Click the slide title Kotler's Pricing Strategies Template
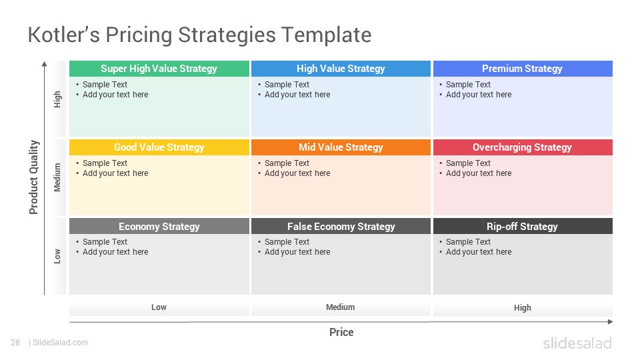199,35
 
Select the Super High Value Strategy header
159,69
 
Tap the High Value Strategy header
341,69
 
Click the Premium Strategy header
523,69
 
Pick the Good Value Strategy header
159,147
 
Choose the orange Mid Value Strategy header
341,147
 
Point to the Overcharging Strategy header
523,147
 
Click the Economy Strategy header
159,226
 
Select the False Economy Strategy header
341,226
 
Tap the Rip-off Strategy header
523,226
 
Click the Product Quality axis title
33,177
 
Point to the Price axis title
341,332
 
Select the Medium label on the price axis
341,307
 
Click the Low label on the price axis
159,307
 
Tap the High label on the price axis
523,308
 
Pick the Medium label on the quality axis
57,177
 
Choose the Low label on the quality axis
57,256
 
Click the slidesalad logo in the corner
577,343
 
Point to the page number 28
15,343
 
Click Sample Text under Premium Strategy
468,85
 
